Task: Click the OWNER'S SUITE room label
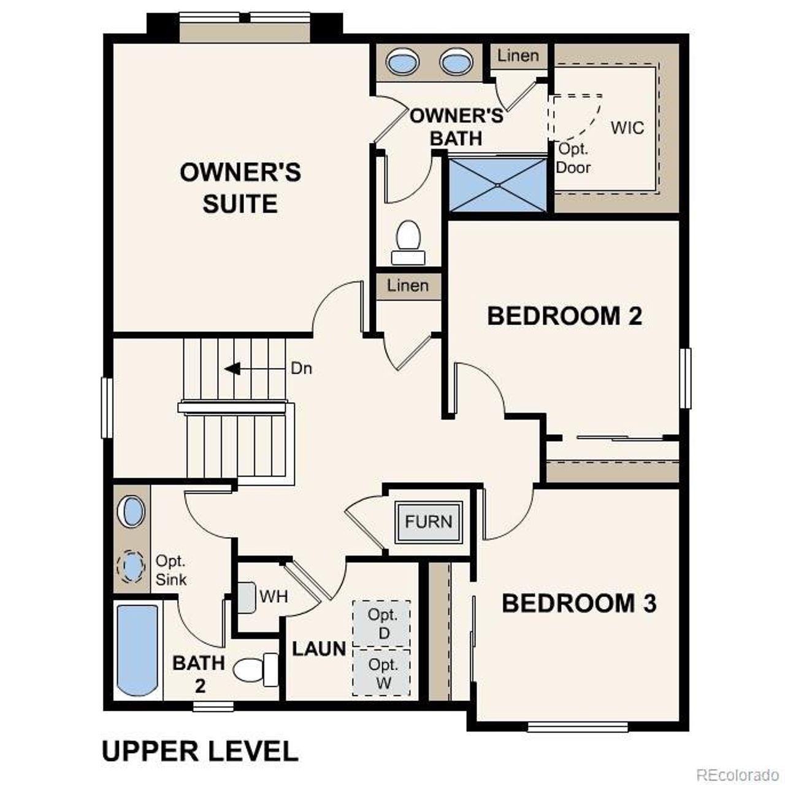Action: coord(240,188)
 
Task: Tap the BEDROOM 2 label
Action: coord(564,316)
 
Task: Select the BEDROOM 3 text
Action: coord(579,603)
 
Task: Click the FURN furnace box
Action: coord(429,522)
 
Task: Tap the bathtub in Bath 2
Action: coord(137,649)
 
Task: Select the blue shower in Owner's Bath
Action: coord(497,185)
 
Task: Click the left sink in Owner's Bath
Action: coord(402,62)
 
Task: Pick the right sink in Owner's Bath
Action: coord(456,62)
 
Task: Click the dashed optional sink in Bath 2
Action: coord(131,567)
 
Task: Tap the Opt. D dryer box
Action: coord(382,624)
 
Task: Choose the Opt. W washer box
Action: coord(382,673)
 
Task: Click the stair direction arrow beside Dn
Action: coord(232,369)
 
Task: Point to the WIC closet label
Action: coord(627,128)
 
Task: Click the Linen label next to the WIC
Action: coord(518,56)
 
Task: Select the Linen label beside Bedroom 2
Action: coord(408,286)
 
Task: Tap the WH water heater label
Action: coord(274,596)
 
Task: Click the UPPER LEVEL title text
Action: coord(200,751)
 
